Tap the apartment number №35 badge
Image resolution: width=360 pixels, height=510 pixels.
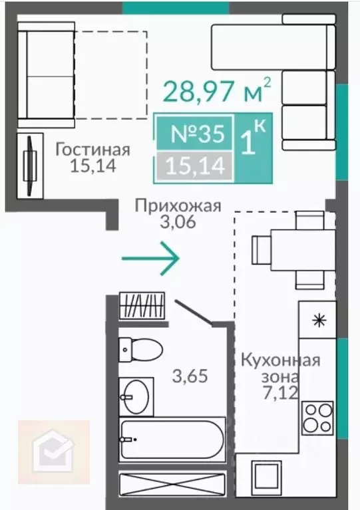(x=196, y=134)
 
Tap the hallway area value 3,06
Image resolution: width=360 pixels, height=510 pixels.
(x=177, y=223)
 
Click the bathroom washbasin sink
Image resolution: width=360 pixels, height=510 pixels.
(x=136, y=397)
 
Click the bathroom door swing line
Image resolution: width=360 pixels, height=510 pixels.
(x=193, y=312)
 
